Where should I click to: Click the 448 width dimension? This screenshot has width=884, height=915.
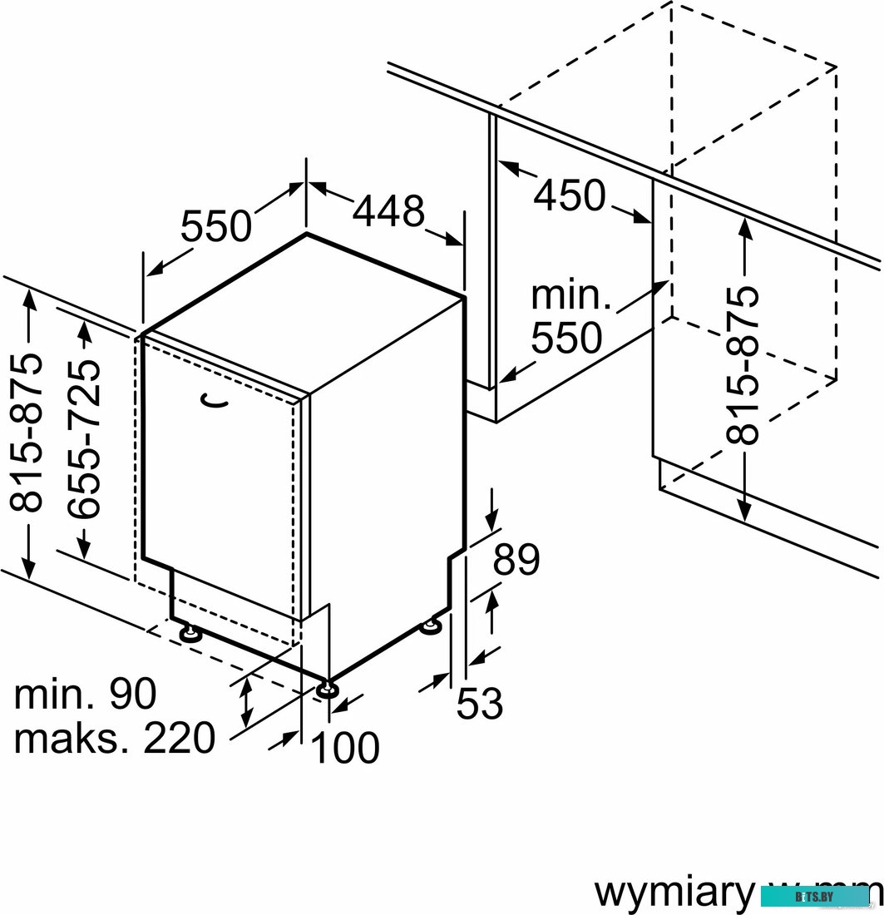tap(388, 212)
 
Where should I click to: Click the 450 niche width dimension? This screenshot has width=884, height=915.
tap(570, 196)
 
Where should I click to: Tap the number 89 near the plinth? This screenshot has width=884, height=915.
tap(516, 560)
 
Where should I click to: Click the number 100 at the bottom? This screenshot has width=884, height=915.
tap(345, 748)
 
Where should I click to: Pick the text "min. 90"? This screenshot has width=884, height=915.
tap(86, 695)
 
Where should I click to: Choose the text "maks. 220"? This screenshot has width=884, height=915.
tap(115, 737)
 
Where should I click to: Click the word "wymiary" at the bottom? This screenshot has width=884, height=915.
tap(672, 893)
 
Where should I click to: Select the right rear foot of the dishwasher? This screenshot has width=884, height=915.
tap(432, 626)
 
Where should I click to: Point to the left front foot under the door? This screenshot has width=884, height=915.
tap(190, 634)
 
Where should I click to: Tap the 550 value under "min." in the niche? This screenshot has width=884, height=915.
tap(566, 338)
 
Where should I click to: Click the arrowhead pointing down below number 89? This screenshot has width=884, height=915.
tap(491, 522)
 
